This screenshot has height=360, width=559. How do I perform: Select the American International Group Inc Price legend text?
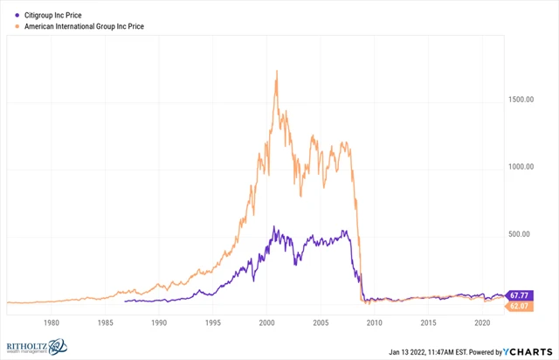[83, 27]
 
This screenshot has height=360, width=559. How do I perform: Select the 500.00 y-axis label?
[526, 234]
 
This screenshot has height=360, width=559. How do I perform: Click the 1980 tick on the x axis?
[51, 322]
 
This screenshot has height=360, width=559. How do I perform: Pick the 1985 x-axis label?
[105, 322]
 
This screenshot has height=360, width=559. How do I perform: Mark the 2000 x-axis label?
[266, 322]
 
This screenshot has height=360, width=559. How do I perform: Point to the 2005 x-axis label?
[320, 322]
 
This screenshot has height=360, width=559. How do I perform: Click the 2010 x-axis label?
[374, 322]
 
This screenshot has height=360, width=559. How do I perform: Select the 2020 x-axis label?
[481, 322]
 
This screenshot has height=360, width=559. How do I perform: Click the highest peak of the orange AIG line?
[277, 71]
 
